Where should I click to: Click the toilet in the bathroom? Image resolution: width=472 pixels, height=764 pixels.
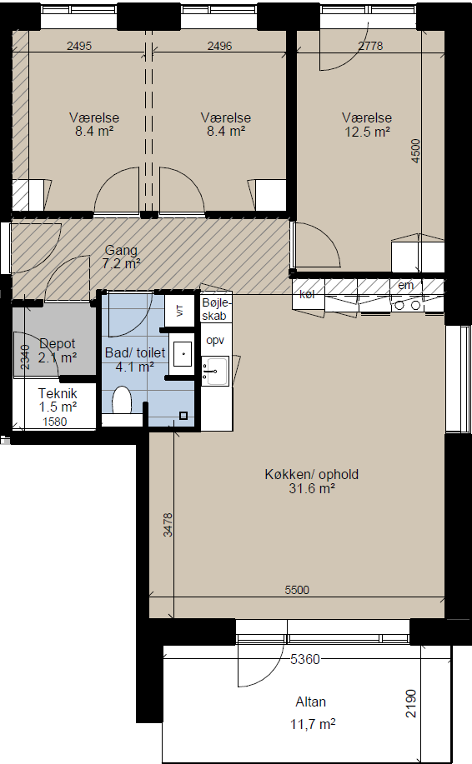[122, 401]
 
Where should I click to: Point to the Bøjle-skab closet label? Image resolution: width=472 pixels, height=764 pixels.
[215, 309]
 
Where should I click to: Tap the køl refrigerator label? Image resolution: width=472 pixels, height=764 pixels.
[307, 294]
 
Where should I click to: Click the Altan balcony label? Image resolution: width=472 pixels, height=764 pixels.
[310, 702]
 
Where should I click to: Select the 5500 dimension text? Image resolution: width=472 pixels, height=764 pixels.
[297, 590]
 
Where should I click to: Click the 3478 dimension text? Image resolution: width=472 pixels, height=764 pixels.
[168, 525]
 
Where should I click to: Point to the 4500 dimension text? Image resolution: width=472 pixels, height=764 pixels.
[415, 151]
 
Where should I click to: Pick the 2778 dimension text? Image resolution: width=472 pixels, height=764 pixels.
[370, 46]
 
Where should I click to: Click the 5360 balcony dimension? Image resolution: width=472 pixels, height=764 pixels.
[305, 659]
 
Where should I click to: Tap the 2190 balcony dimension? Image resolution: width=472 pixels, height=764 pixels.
[411, 703]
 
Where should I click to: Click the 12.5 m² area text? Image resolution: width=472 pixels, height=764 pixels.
[367, 132]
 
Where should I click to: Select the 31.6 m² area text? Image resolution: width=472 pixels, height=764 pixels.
[312, 488]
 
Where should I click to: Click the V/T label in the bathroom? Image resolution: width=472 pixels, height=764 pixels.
[179, 310]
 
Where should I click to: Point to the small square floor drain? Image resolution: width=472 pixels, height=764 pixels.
[183, 416]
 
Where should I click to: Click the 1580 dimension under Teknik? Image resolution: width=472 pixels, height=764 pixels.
[55, 422]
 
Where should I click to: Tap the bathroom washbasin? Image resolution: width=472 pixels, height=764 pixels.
[183, 353]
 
